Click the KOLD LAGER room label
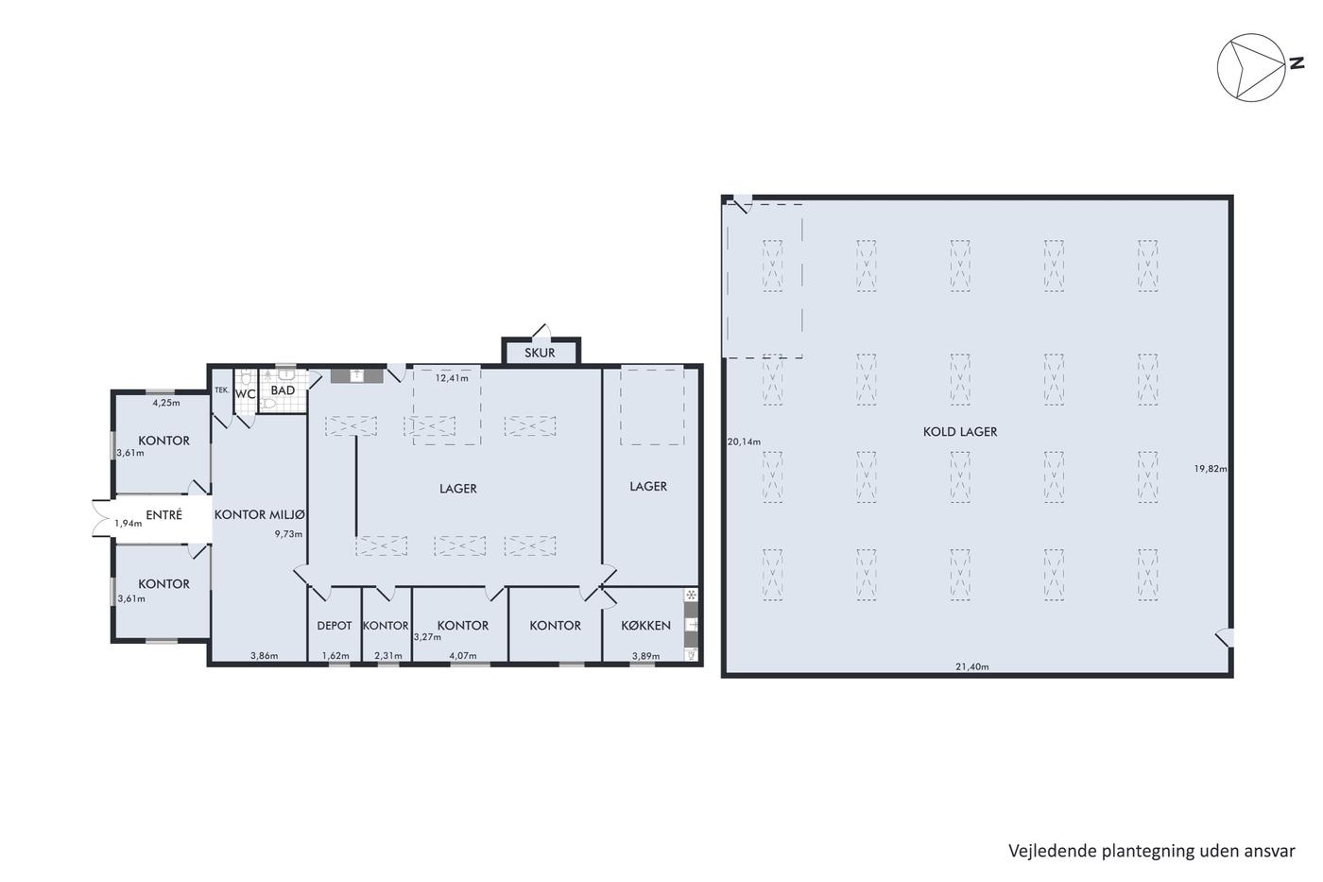[960, 432]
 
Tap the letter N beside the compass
[1297, 63]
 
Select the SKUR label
[540, 353]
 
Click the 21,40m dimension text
[972, 667]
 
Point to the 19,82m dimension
[1211, 469]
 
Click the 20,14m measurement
[745, 441]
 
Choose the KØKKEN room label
[645, 626]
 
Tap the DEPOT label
[335, 626]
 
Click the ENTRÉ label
[163, 514]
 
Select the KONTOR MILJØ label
[259, 514]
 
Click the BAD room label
[283, 390]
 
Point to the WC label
[245, 394]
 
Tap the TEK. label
[221, 389]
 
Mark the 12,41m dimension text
[452, 378]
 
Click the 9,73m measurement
[288, 534]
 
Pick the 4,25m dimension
[166, 403]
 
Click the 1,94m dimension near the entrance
[129, 523]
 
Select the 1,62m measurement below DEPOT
[335, 655]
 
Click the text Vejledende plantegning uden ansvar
[1152, 852]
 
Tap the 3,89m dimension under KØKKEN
[646, 656]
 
